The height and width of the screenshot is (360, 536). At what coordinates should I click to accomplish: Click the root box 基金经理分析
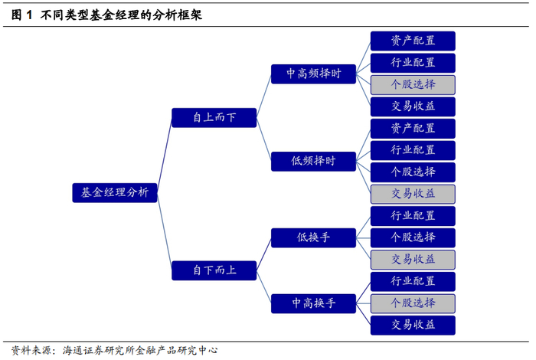click(114, 193)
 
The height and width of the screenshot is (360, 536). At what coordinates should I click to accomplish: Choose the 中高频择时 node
click(313, 74)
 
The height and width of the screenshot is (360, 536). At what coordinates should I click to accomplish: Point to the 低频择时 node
click(313, 161)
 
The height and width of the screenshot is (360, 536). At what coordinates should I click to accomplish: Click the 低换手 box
click(313, 237)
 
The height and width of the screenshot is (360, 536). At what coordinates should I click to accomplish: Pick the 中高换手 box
click(313, 303)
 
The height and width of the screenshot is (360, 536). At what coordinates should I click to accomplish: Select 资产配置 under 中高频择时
click(413, 41)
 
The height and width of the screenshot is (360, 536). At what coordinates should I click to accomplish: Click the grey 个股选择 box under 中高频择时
click(413, 84)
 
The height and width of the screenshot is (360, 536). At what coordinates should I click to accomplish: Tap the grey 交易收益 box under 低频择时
click(413, 194)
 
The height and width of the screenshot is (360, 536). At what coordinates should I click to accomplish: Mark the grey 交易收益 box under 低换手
click(413, 259)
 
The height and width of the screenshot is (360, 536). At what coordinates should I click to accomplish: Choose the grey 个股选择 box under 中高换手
click(413, 303)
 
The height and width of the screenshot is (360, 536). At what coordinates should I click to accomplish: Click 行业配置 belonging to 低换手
click(413, 215)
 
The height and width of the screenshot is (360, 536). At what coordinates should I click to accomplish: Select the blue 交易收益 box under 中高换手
click(413, 325)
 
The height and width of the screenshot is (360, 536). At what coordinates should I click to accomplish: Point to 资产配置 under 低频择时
click(413, 128)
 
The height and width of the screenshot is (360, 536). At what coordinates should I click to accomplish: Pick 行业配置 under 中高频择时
click(413, 63)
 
